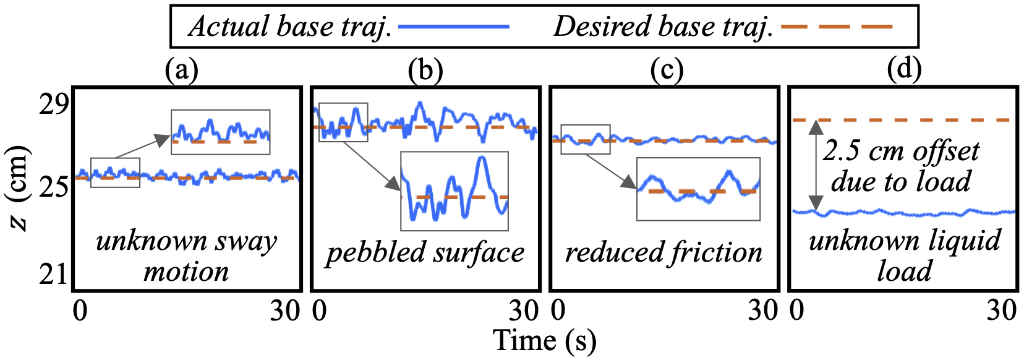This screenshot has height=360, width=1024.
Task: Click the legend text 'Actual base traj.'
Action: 290,27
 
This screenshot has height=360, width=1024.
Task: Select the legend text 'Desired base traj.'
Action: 663,27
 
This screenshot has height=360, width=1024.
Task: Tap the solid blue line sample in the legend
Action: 453,27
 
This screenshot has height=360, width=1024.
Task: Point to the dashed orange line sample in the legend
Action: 837,27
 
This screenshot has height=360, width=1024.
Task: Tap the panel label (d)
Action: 903,69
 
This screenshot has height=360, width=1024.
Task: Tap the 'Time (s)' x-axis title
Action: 544,341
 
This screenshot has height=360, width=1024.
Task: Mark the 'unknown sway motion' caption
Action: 186,256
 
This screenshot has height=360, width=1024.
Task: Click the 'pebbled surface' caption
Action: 425,252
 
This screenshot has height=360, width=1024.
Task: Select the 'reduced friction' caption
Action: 663,252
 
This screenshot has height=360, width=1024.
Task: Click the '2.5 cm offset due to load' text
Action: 901,166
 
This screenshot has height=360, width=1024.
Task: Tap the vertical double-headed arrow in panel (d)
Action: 816,165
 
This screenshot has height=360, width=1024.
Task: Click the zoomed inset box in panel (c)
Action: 698,189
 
